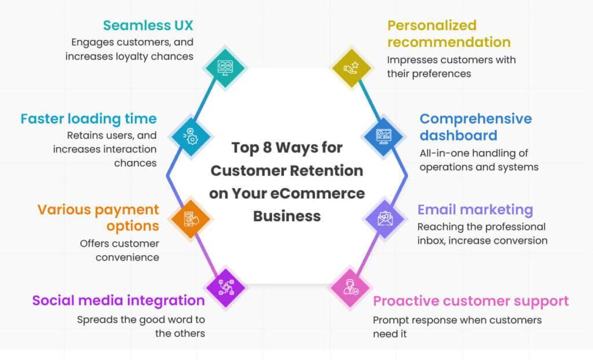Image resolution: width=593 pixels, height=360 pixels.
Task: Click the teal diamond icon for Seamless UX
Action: coord(225,67)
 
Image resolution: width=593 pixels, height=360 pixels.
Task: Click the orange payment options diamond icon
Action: coord(191,219)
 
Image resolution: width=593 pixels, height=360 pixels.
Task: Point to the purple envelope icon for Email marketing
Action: coord(384,219)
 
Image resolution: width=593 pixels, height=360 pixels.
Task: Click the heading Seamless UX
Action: coord(148,25)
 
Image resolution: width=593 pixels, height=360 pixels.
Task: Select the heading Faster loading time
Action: coord(89,119)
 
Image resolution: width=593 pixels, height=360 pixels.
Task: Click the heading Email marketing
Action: coord(475,210)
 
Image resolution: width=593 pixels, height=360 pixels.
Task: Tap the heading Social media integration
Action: coord(118,301)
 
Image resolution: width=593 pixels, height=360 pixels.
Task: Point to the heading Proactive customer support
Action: coord(471,301)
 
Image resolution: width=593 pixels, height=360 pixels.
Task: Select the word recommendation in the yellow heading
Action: coord(449,42)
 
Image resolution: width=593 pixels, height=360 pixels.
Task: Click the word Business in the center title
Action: coord(287,216)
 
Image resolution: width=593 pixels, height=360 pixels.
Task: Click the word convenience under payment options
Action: coord(127,256)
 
